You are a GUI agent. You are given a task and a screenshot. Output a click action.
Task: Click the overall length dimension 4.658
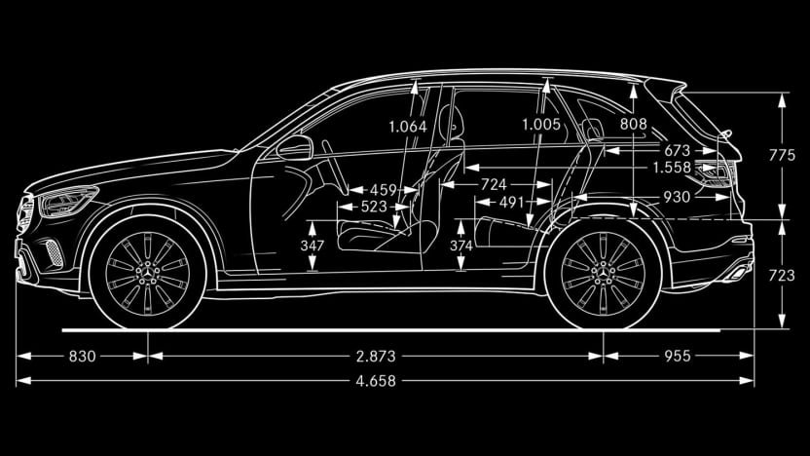[x=376, y=381]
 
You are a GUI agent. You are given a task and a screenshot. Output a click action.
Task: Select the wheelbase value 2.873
[x=376, y=357]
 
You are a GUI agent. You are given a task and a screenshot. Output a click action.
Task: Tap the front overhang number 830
[x=82, y=357]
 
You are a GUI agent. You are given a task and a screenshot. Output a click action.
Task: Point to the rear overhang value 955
[x=678, y=357]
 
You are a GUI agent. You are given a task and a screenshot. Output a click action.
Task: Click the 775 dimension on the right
[x=782, y=155]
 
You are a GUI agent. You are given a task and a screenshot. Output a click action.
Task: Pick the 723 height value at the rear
[x=782, y=276]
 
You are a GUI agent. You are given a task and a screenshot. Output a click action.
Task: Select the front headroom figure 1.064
[x=408, y=127]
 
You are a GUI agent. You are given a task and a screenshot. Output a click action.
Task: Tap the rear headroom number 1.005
[x=541, y=125]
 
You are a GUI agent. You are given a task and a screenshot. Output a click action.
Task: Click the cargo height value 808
[x=634, y=124]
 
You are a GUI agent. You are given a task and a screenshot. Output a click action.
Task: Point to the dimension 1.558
[x=672, y=168]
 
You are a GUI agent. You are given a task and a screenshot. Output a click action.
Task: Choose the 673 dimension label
[x=677, y=150]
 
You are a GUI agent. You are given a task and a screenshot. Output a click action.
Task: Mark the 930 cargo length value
[x=677, y=197]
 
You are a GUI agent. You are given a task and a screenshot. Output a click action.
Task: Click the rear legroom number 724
[x=494, y=184]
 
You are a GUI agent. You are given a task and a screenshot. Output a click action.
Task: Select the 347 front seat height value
[x=312, y=246]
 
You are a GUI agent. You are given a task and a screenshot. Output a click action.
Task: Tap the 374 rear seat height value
[x=460, y=246]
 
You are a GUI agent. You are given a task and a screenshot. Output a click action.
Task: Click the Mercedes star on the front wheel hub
[x=148, y=274]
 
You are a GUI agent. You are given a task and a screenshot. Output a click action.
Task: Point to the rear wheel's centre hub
[x=603, y=274]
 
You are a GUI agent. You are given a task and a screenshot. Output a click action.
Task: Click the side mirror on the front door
[x=295, y=148]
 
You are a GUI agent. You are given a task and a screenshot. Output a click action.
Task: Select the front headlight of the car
[x=67, y=201]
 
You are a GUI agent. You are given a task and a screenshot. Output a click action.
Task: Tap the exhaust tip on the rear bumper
[x=739, y=273]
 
